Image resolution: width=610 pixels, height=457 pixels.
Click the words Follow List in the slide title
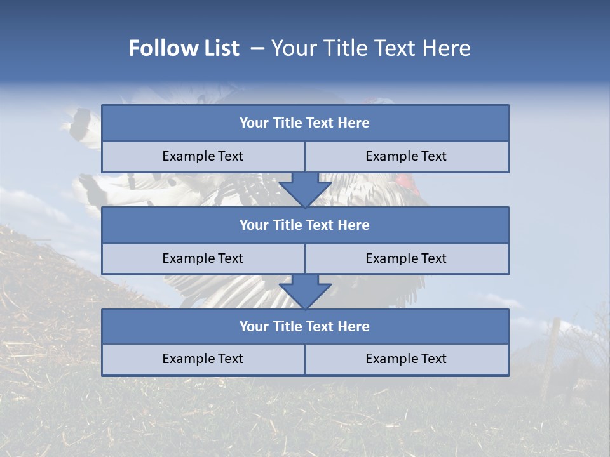pos(184,48)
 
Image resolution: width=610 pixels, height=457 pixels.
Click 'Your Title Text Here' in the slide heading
pos(370,48)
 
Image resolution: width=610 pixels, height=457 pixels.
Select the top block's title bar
pos(305,123)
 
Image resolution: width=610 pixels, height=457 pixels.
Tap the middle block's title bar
pos(305,225)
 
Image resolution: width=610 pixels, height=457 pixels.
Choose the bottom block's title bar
pos(305,327)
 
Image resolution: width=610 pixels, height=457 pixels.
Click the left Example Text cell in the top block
pos(203,157)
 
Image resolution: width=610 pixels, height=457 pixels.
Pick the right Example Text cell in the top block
pos(406,157)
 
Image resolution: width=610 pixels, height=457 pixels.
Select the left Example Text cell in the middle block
pos(203,259)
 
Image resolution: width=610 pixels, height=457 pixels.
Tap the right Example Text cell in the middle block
pos(406,259)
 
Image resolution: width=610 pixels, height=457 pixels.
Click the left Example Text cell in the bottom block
pos(203,359)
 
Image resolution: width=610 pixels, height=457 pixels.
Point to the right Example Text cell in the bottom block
pos(406,359)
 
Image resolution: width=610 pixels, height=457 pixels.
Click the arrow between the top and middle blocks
pos(305,190)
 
